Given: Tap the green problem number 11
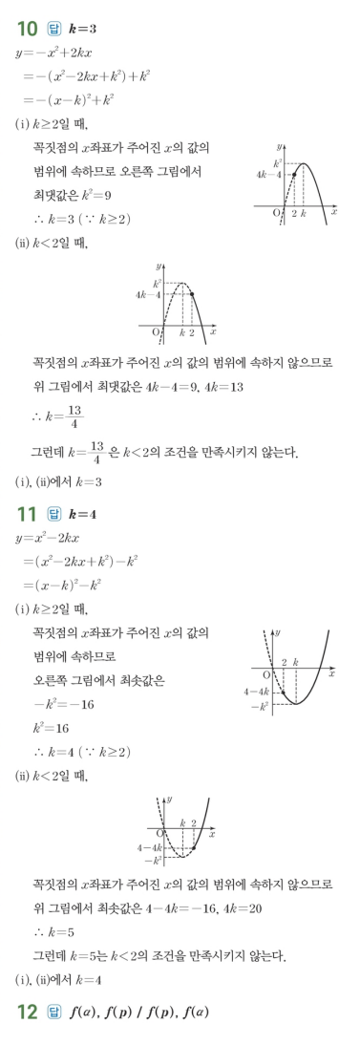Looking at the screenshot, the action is (28, 516).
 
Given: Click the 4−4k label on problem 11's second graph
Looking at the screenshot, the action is (149, 847).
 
